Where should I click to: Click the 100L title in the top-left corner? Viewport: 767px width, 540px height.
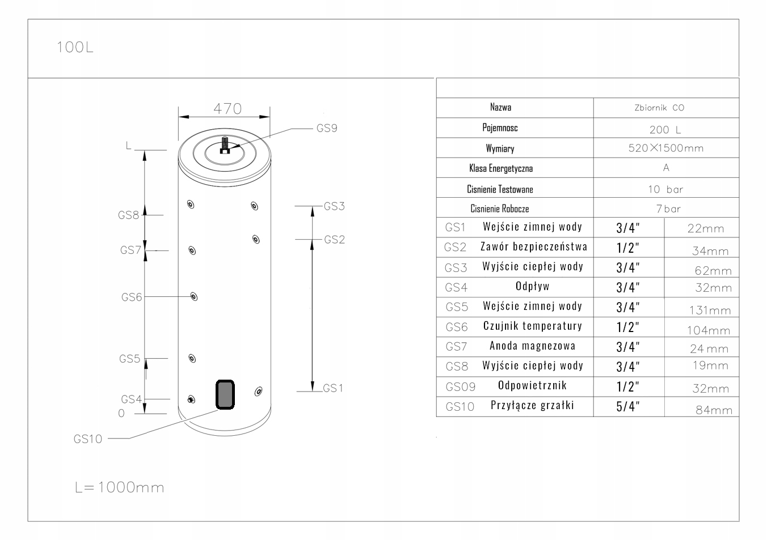click(74, 47)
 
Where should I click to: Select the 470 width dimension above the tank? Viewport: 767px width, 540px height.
click(227, 108)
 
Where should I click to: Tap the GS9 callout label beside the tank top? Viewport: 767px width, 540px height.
click(327, 128)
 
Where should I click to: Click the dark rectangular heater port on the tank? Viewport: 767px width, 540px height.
click(225, 394)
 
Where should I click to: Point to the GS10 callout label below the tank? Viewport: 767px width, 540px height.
click(88, 439)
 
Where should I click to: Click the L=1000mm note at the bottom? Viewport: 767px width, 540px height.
click(119, 487)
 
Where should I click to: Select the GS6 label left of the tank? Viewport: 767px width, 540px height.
click(131, 297)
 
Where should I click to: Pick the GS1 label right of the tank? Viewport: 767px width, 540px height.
click(334, 388)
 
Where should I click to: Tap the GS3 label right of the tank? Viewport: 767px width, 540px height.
click(334, 206)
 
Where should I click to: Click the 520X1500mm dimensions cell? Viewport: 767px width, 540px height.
click(665, 148)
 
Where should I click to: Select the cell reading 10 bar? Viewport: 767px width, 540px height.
click(665, 189)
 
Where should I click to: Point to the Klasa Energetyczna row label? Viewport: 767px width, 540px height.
click(500, 168)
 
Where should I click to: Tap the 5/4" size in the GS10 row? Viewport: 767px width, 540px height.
click(628, 406)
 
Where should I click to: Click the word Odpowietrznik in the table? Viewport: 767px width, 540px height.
click(532, 385)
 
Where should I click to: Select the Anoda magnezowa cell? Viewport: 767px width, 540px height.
click(532, 346)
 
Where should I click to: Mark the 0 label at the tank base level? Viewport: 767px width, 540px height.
click(121, 414)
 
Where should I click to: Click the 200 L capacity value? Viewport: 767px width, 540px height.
click(665, 130)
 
